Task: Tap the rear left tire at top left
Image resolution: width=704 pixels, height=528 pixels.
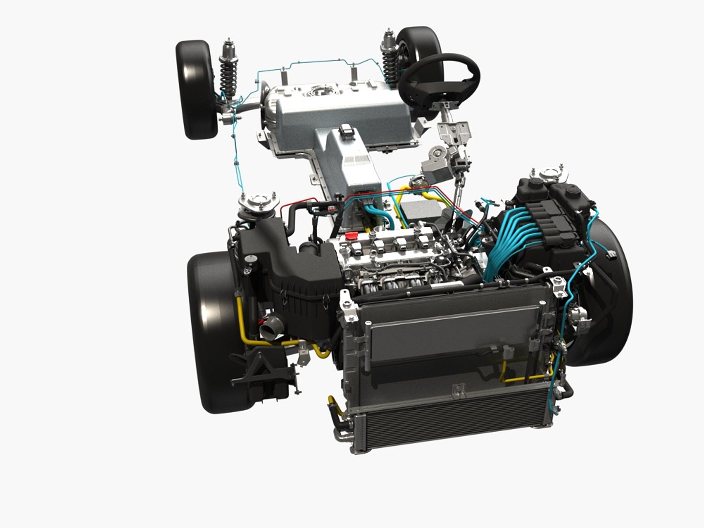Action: (197, 89)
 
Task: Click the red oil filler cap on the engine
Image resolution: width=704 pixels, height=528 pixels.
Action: (350, 235)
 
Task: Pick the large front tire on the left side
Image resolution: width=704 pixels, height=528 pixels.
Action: (215, 332)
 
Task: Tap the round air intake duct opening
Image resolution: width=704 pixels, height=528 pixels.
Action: (270, 326)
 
